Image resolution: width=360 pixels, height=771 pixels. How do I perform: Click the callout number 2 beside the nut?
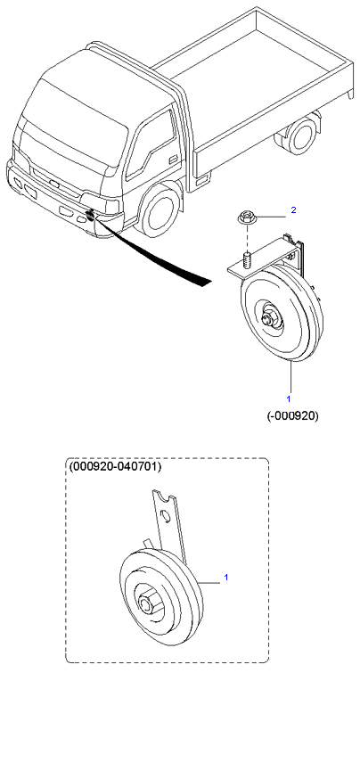(293, 210)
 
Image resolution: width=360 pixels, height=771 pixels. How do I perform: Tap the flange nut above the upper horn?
(245, 217)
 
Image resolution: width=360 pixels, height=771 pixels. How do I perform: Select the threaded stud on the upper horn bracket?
(248, 260)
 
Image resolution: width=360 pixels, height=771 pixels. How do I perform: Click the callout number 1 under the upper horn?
(289, 398)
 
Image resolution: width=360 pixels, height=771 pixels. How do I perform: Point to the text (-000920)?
(292, 416)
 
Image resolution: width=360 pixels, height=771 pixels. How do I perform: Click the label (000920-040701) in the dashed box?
(115, 465)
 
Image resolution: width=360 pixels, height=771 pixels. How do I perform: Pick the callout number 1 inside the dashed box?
(226, 578)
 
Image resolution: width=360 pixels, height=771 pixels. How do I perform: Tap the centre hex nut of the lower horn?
(145, 603)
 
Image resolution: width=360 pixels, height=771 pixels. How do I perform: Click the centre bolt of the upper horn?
(268, 318)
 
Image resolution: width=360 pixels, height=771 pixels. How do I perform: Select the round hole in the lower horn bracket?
(168, 517)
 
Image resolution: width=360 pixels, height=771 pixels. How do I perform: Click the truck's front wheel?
(158, 211)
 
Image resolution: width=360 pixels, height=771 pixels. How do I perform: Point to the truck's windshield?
(73, 122)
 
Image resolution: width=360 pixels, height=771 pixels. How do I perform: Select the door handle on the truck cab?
(173, 160)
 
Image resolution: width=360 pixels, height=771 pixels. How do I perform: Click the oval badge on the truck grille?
(54, 184)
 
